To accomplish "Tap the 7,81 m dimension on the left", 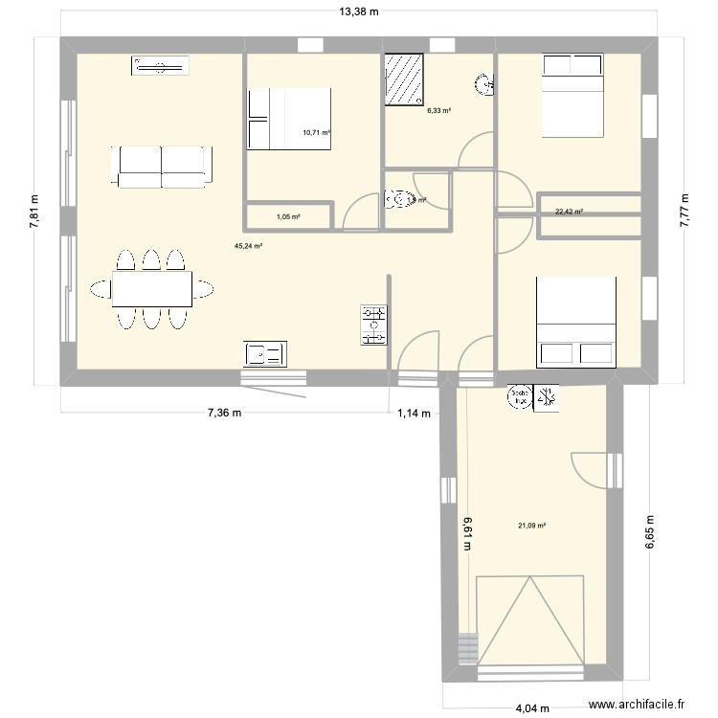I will [x=35, y=207].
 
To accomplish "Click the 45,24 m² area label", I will [x=248, y=246].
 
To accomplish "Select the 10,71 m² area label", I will [x=316, y=133].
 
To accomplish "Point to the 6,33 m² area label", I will [x=438, y=110].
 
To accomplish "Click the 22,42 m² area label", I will [x=570, y=213].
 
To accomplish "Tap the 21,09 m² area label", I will [x=531, y=525].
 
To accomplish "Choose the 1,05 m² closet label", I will [x=288, y=216].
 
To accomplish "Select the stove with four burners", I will [x=373, y=325].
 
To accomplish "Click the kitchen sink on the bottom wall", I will [x=264, y=354].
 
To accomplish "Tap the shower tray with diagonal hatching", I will [x=403, y=79].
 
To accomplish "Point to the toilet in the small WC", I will [x=397, y=200].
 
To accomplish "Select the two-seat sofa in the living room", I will [x=161, y=167].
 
